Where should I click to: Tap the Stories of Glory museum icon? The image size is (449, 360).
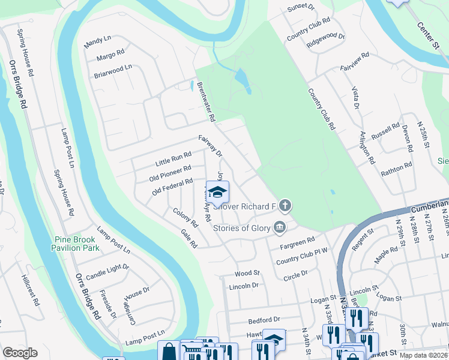click(x=280, y=227)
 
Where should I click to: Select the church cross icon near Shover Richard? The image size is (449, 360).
click(x=285, y=206)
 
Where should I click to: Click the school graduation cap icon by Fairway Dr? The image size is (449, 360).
click(x=218, y=191)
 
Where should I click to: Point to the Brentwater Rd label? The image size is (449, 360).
click(x=206, y=101)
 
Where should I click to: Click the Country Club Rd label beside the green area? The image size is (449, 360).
click(x=322, y=109)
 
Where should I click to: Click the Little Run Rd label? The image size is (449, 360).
click(x=173, y=159)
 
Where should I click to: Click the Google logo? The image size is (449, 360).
click(x=20, y=353)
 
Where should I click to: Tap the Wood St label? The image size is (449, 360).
click(x=247, y=273)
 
